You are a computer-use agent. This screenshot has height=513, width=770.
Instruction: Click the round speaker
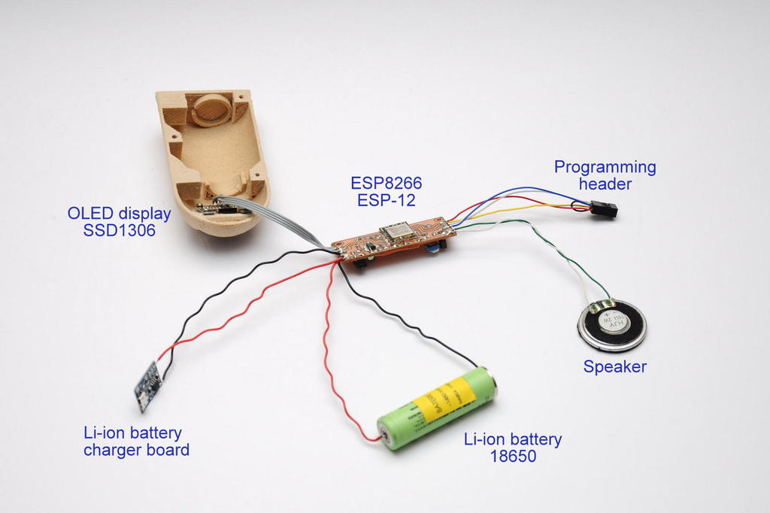pyautogui.click(x=611, y=325)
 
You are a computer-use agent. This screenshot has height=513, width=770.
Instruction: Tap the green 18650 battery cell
pyautogui.click(x=436, y=408)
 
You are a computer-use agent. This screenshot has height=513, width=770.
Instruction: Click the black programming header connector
pyautogui.click(x=603, y=209)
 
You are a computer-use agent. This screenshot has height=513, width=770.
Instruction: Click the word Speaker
pyautogui.click(x=614, y=367)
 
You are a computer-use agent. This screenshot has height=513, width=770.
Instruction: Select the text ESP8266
pyautogui.click(x=387, y=184)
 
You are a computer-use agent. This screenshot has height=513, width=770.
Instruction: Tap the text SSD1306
pyautogui.click(x=120, y=231)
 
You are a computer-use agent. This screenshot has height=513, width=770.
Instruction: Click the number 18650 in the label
pyautogui.click(x=511, y=456)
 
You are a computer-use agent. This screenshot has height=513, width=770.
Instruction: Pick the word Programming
pyautogui.click(x=605, y=167)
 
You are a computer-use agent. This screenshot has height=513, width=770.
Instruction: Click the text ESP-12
pyautogui.click(x=387, y=201)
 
